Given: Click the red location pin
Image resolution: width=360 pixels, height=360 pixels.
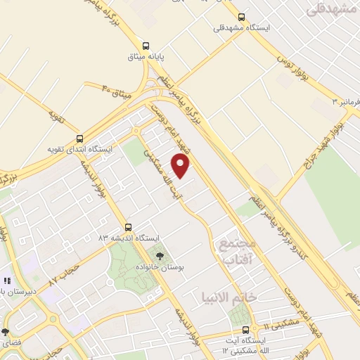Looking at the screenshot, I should pos(181,166).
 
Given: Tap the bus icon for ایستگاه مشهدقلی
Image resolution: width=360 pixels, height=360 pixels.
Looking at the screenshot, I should pos(242,17).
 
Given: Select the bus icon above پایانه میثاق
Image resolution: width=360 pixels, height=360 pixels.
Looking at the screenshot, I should pos(146,43).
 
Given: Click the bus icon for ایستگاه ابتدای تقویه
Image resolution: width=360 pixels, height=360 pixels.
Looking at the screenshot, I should pos(79,139).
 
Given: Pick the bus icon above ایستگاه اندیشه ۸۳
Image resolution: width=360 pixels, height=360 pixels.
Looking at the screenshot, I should pos(128,227).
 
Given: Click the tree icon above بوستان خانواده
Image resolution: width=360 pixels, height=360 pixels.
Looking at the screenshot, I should pos(159,257).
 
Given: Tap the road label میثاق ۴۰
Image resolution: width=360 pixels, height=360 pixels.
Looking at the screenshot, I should pos(116,89).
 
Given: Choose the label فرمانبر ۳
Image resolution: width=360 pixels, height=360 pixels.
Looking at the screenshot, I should pos(346,103).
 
